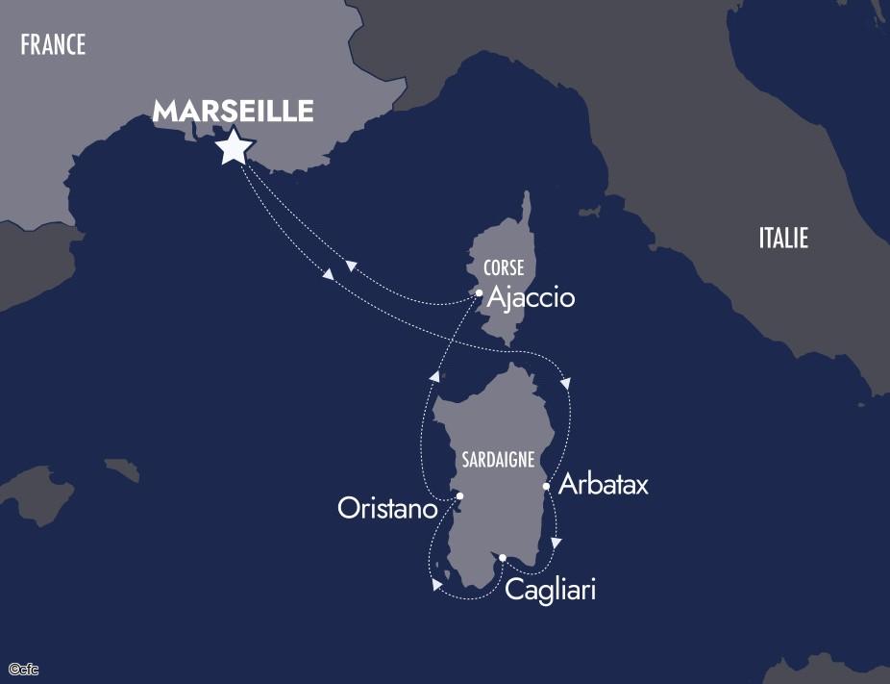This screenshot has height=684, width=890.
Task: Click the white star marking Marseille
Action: (235, 147)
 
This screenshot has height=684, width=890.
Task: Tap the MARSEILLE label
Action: (234, 111)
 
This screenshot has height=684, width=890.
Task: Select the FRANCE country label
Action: (53, 44)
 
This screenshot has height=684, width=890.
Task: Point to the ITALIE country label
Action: (783, 238)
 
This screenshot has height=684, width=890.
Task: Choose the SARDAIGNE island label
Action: (498, 460)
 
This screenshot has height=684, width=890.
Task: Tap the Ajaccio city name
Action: (531, 298)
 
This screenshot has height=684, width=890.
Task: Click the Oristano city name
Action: (387, 508)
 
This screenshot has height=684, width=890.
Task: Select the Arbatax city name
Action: (603, 484)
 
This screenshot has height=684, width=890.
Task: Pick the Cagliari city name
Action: (551, 589)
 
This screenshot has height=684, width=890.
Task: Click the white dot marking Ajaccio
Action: (479, 292)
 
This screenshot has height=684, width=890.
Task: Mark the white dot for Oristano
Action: (459, 496)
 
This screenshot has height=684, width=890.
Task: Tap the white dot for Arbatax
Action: (546, 486)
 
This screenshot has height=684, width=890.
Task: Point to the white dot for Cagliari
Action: (502, 557)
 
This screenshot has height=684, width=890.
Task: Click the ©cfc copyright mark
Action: (23, 668)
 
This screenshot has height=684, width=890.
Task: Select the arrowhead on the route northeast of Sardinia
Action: (565, 384)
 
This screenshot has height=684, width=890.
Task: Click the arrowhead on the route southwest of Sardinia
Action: (436, 584)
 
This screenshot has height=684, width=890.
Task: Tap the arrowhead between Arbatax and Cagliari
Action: (557, 543)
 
